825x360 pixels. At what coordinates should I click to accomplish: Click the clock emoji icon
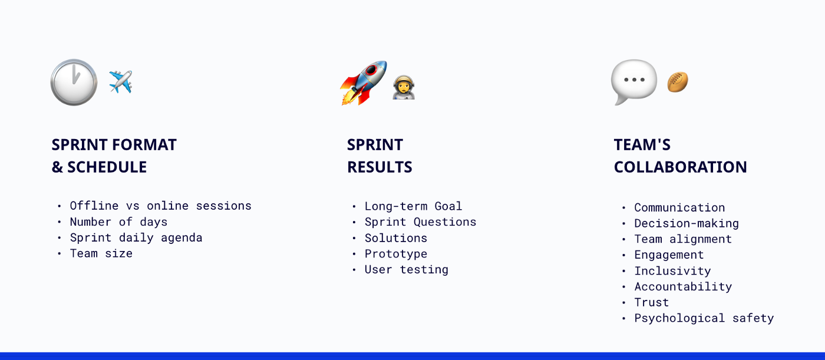[74, 82]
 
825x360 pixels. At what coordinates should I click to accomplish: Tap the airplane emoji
[121, 82]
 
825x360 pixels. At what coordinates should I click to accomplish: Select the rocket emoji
[364, 82]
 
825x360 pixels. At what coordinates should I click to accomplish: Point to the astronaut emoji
[404, 87]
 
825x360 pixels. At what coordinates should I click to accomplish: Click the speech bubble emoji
[633, 82]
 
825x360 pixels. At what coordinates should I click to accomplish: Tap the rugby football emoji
[678, 82]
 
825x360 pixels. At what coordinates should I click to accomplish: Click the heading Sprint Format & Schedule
[114, 156]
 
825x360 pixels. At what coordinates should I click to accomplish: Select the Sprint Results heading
[379, 156]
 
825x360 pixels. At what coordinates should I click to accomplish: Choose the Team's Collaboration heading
[680, 156]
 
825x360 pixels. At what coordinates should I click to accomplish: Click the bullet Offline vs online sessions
[160, 206]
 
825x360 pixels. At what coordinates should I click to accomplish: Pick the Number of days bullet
[118, 222]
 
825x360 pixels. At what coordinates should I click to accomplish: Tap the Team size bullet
[101, 253]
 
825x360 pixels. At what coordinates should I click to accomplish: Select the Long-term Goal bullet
[413, 206]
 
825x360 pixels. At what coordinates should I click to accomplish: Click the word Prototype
[396, 254]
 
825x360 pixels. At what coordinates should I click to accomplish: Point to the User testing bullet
[406, 269]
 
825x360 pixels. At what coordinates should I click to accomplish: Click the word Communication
[679, 207]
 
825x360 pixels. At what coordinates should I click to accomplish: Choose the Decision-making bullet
[686, 223]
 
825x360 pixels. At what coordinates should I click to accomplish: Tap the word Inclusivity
[672, 271]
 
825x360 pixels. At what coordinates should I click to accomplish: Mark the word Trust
[651, 302]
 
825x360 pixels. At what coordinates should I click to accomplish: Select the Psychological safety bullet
[704, 318]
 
